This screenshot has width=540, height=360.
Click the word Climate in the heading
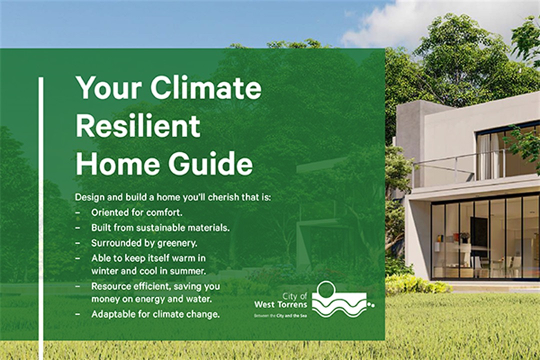point(205,88)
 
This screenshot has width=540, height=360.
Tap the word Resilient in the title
point(138,126)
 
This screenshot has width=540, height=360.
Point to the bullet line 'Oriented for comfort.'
point(136,212)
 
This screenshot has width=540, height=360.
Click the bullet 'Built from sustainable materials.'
point(160,227)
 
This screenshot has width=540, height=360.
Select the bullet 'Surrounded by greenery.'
point(144,243)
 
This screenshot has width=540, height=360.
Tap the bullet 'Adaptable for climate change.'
point(155,314)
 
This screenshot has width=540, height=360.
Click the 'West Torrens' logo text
point(280,304)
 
